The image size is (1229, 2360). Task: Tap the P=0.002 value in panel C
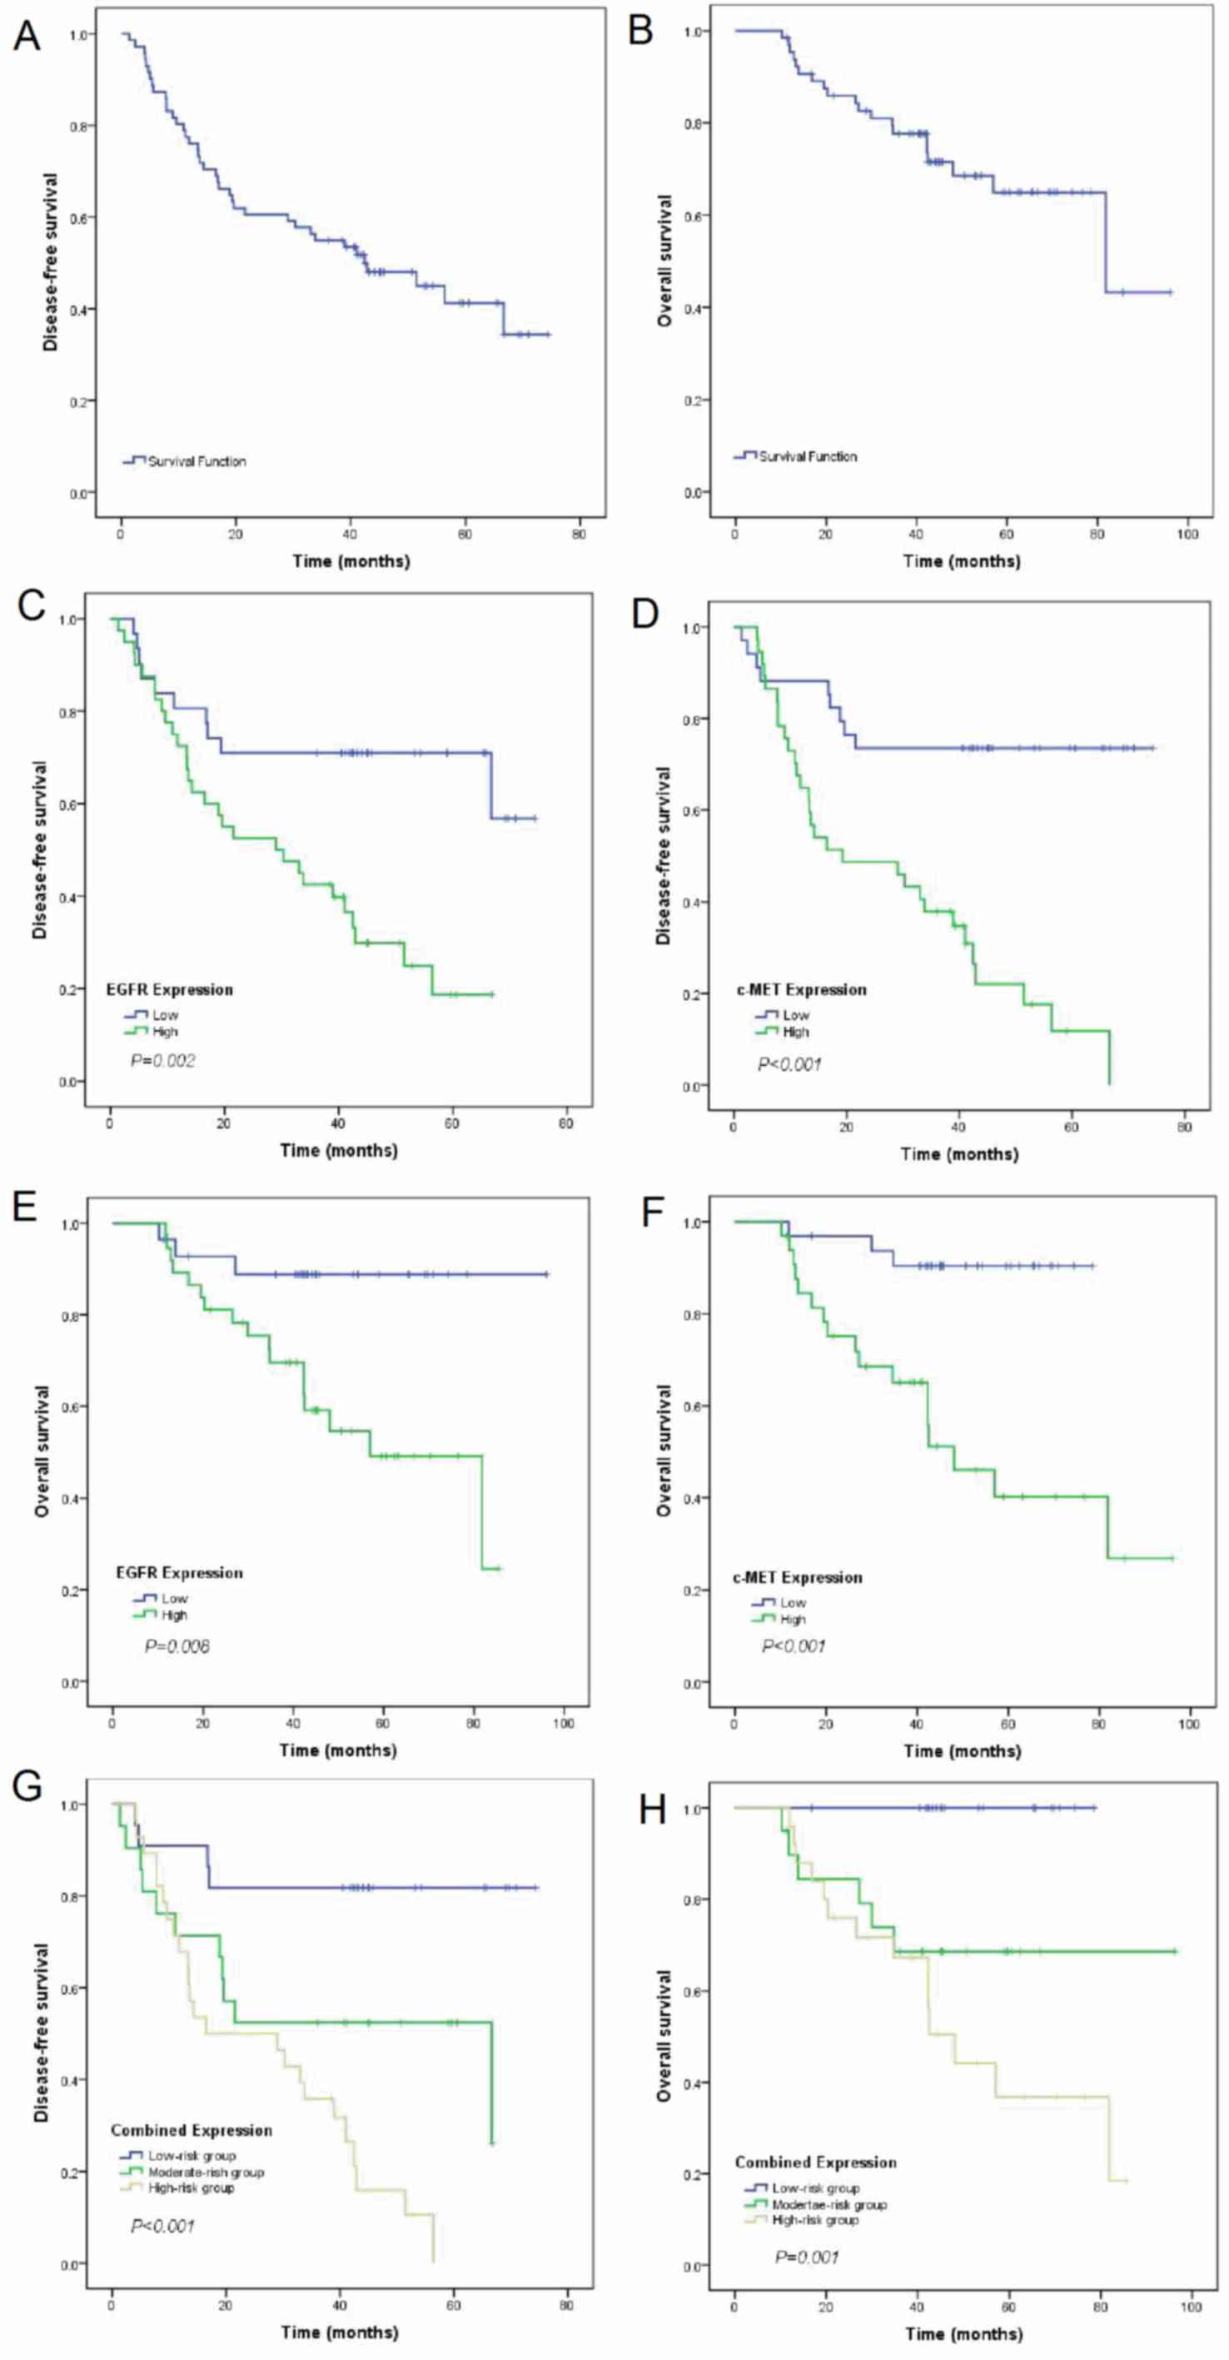click(163, 1061)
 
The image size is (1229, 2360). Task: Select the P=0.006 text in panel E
click(177, 1646)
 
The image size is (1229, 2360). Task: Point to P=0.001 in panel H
click(807, 2257)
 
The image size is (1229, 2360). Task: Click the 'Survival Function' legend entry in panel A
click(197, 461)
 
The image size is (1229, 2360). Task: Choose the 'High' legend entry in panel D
click(795, 1032)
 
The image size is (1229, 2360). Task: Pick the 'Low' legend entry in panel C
click(166, 1015)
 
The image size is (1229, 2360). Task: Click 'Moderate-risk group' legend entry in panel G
click(206, 2172)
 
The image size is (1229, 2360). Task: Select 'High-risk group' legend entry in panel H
click(815, 2221)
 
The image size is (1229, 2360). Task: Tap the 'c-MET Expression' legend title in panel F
click(797, 1577)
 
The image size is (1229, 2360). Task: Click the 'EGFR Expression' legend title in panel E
click(180, 1573)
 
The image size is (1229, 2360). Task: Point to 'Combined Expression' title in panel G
click(192, 2131)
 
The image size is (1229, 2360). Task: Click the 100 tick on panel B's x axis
click(1187, 534)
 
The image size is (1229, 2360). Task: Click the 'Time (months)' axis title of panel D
click(959, 1153)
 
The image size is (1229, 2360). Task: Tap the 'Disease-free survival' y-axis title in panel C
click(40, 851)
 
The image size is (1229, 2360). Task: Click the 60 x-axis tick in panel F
click(1008, 1724)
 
